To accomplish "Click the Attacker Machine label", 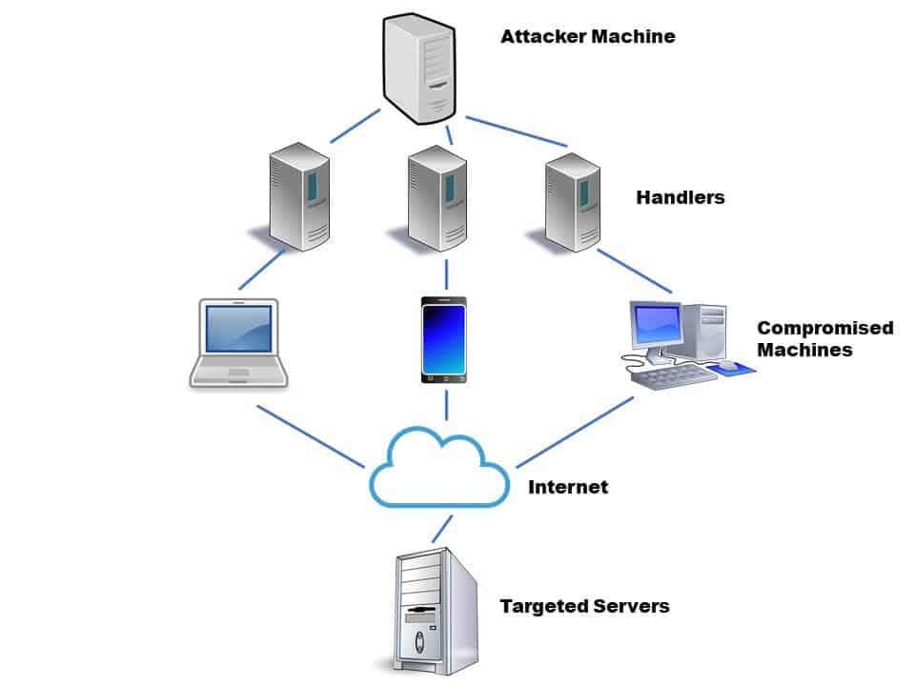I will coord(587,37).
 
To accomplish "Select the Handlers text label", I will coord(681,198).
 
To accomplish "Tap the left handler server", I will coord(298,195).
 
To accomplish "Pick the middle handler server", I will coord(437,198).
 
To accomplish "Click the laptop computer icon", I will coord(237,343).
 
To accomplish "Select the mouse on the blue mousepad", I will coord(728,365).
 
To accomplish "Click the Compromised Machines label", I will coord(824,338).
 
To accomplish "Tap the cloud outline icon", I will coord(439,467).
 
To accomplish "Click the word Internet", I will coord(568,487).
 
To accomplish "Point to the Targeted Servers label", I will coord(584,606).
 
